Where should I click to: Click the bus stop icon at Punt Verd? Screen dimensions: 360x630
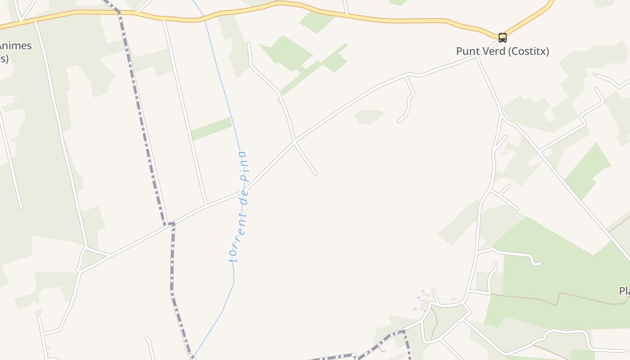coord(502,38)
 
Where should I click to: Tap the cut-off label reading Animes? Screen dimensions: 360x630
coord(16,46)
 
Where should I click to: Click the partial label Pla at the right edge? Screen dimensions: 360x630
coord(624,291)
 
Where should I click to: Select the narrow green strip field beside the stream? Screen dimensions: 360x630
coord(211,129)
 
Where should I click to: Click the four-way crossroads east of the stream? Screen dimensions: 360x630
coord(294,142)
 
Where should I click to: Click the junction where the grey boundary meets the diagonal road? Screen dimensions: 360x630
coord(169,224)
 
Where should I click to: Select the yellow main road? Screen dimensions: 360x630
coord(360,18)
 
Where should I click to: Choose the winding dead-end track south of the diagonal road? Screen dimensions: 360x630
coord(409,101)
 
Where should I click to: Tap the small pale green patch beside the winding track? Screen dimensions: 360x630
coord(369,117)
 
